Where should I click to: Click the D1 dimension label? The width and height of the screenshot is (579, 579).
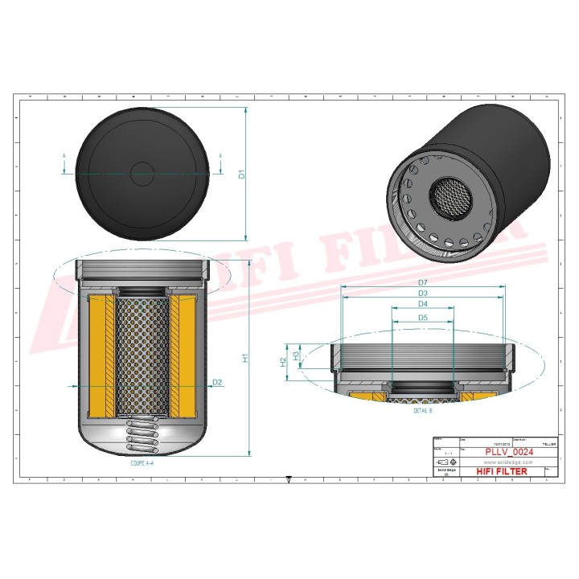tap(241, 174)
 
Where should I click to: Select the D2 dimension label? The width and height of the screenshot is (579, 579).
tap(217, 382)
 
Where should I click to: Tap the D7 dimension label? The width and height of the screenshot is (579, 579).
tap(423, 282)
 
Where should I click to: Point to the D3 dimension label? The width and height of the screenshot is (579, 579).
tap(423, 294)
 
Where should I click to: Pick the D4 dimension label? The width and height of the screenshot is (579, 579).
tap(423, 305)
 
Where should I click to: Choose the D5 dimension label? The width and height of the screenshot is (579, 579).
tap(423, 318)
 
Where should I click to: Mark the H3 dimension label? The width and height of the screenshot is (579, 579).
tap(297, 355)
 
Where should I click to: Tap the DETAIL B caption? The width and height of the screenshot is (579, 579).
tap(423, 410)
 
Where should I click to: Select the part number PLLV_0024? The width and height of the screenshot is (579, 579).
tap(505, 453)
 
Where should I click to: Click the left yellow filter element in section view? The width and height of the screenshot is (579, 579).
tap(101, 355)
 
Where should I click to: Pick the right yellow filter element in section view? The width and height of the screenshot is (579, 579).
tap(183, 355)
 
